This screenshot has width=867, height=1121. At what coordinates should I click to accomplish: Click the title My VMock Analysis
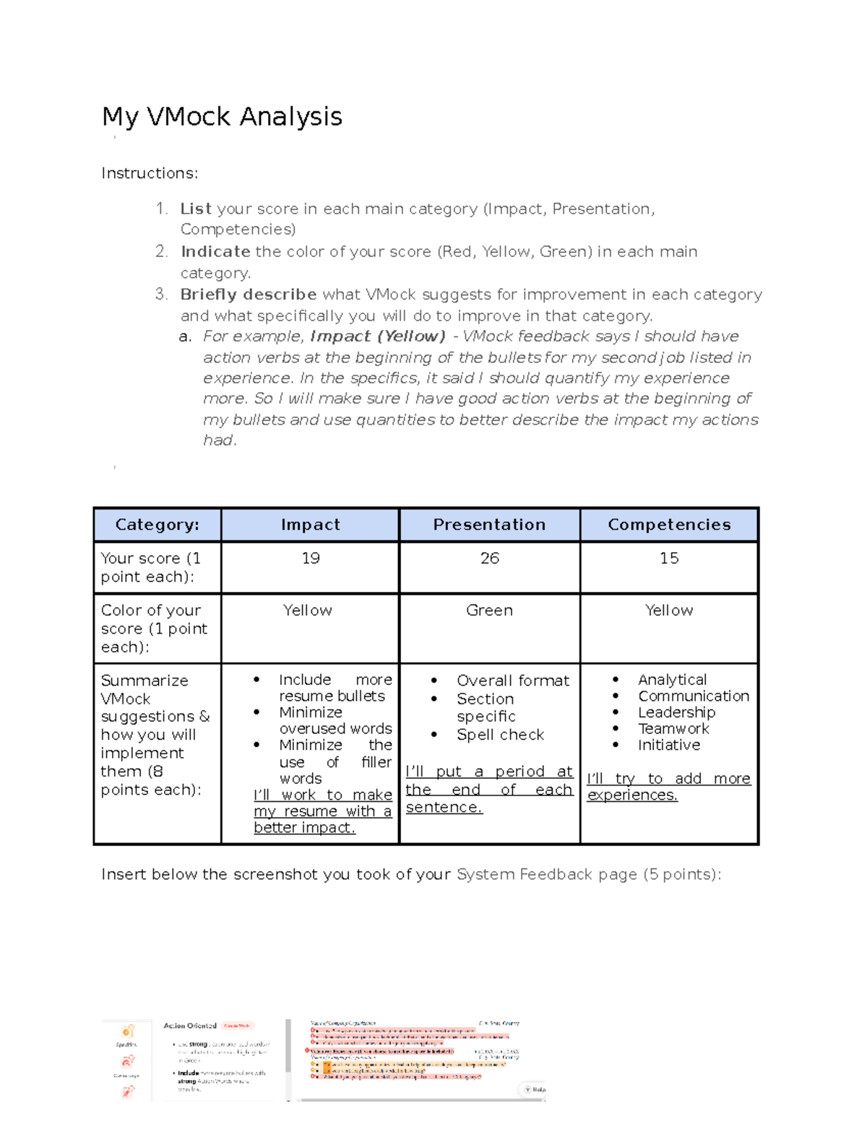222,117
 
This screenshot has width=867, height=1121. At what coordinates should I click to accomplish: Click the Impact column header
310,525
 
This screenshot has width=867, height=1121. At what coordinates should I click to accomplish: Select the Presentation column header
489,525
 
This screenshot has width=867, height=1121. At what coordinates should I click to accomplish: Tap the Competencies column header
669,525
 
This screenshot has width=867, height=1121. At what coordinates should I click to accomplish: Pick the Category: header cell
157,525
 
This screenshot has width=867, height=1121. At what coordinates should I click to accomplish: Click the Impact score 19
311,558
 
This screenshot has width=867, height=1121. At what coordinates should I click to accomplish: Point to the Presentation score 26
490,558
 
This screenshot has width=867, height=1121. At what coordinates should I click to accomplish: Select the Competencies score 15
669,558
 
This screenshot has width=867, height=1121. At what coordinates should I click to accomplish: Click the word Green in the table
489,610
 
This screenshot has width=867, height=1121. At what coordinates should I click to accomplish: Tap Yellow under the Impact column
308,610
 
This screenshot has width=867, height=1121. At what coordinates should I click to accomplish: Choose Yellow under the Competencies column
669,610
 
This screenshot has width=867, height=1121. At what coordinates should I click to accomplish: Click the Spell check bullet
500,735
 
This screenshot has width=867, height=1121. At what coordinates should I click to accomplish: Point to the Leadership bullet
676,712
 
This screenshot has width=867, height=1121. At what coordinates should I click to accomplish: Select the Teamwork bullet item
673,729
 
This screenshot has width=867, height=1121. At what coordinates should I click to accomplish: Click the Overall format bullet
513,681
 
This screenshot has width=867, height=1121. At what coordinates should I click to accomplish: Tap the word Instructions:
150,173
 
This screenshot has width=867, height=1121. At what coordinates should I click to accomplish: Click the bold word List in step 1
196,209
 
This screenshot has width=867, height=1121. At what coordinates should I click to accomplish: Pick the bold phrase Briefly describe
249,295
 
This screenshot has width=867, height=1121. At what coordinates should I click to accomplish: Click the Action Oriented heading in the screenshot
190,1026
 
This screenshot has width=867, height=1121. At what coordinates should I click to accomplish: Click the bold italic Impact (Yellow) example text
378,336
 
